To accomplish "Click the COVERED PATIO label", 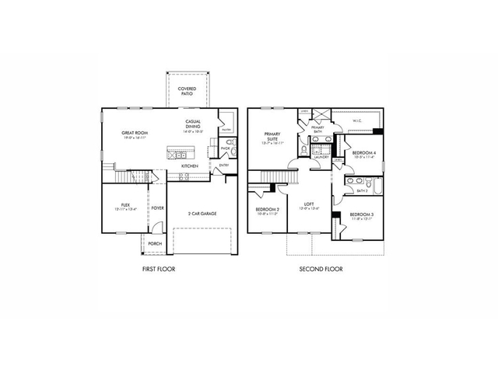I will [x=187, y=91].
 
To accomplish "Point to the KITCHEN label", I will [x=190, y=166].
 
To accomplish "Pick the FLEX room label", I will [x=125, y=207].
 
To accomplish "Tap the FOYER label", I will [x=157, y=207].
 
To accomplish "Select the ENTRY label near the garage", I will [x=224, y=165].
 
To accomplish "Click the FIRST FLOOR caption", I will [x=158, y=270].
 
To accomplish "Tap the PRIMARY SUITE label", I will [x=273, y=138].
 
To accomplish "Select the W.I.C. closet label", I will [x=357, y=121].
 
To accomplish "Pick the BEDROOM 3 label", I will [x=361, y=215].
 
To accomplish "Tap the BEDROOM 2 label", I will [x=268, y=211].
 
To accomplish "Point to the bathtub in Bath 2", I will [x=379, y=187].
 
